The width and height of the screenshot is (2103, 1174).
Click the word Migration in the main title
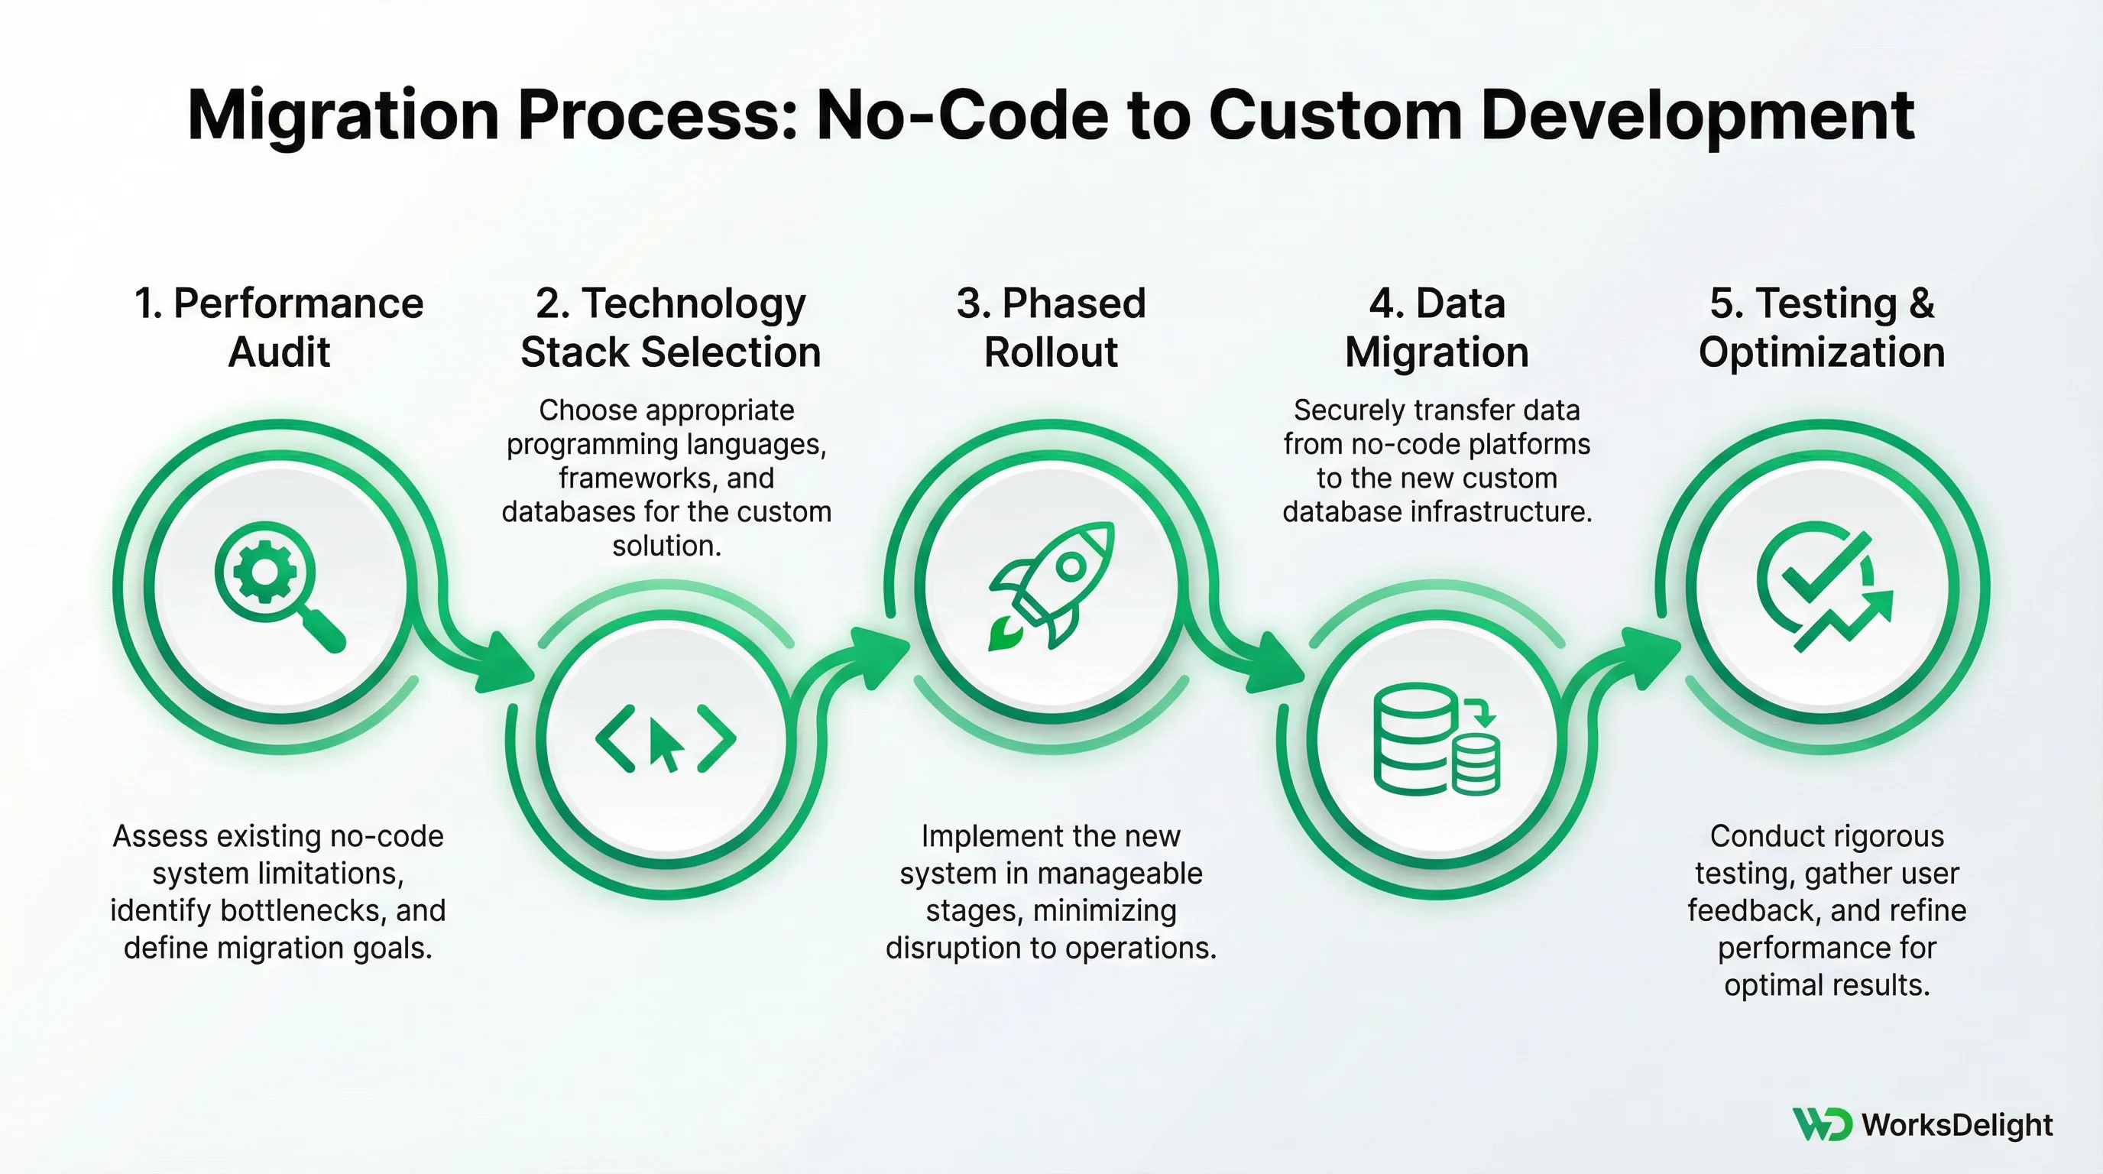coord(343,116)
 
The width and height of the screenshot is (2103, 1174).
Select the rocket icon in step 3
coord(1052,585)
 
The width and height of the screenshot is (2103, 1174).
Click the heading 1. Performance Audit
coord(278,327)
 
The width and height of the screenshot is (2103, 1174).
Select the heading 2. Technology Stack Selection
coord(670,327)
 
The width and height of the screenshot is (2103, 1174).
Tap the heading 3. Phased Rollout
coord(1051,327)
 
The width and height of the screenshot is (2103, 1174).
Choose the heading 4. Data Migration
coord(1437,327)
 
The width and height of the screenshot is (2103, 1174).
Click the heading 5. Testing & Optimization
coord(1822,327)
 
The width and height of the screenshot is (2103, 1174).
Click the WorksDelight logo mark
coord(1821,1124)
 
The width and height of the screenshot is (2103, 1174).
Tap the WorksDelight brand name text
coord(1957,1125)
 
